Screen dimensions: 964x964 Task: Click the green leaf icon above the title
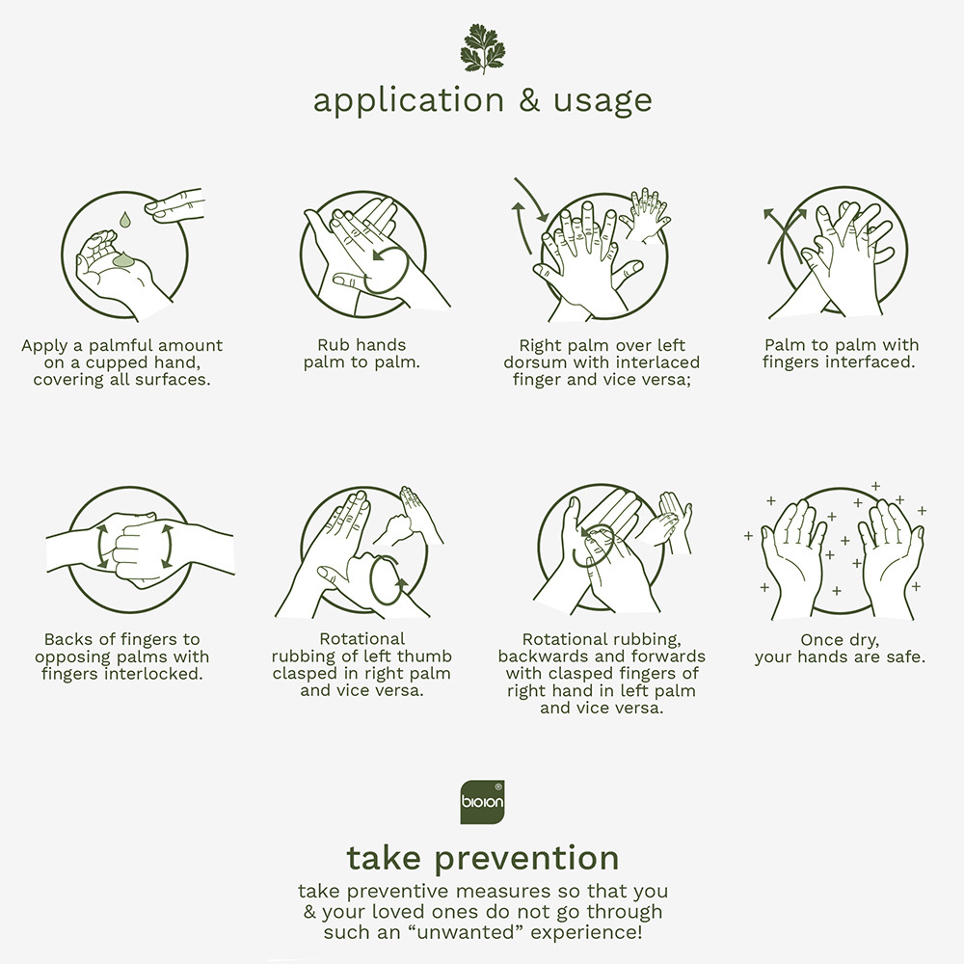(483, 48)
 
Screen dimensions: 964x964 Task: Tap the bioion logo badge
(483, 802)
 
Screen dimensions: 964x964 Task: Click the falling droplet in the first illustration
(125, 220)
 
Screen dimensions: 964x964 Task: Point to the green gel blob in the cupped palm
(124, 260)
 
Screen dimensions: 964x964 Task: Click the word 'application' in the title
(408, 101)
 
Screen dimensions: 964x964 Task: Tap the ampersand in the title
(528, 100)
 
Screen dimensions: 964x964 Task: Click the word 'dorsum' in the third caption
(535, 362)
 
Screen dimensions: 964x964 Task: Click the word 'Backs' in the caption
(67, 639)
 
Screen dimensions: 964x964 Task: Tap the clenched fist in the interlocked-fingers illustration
(137, 549)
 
